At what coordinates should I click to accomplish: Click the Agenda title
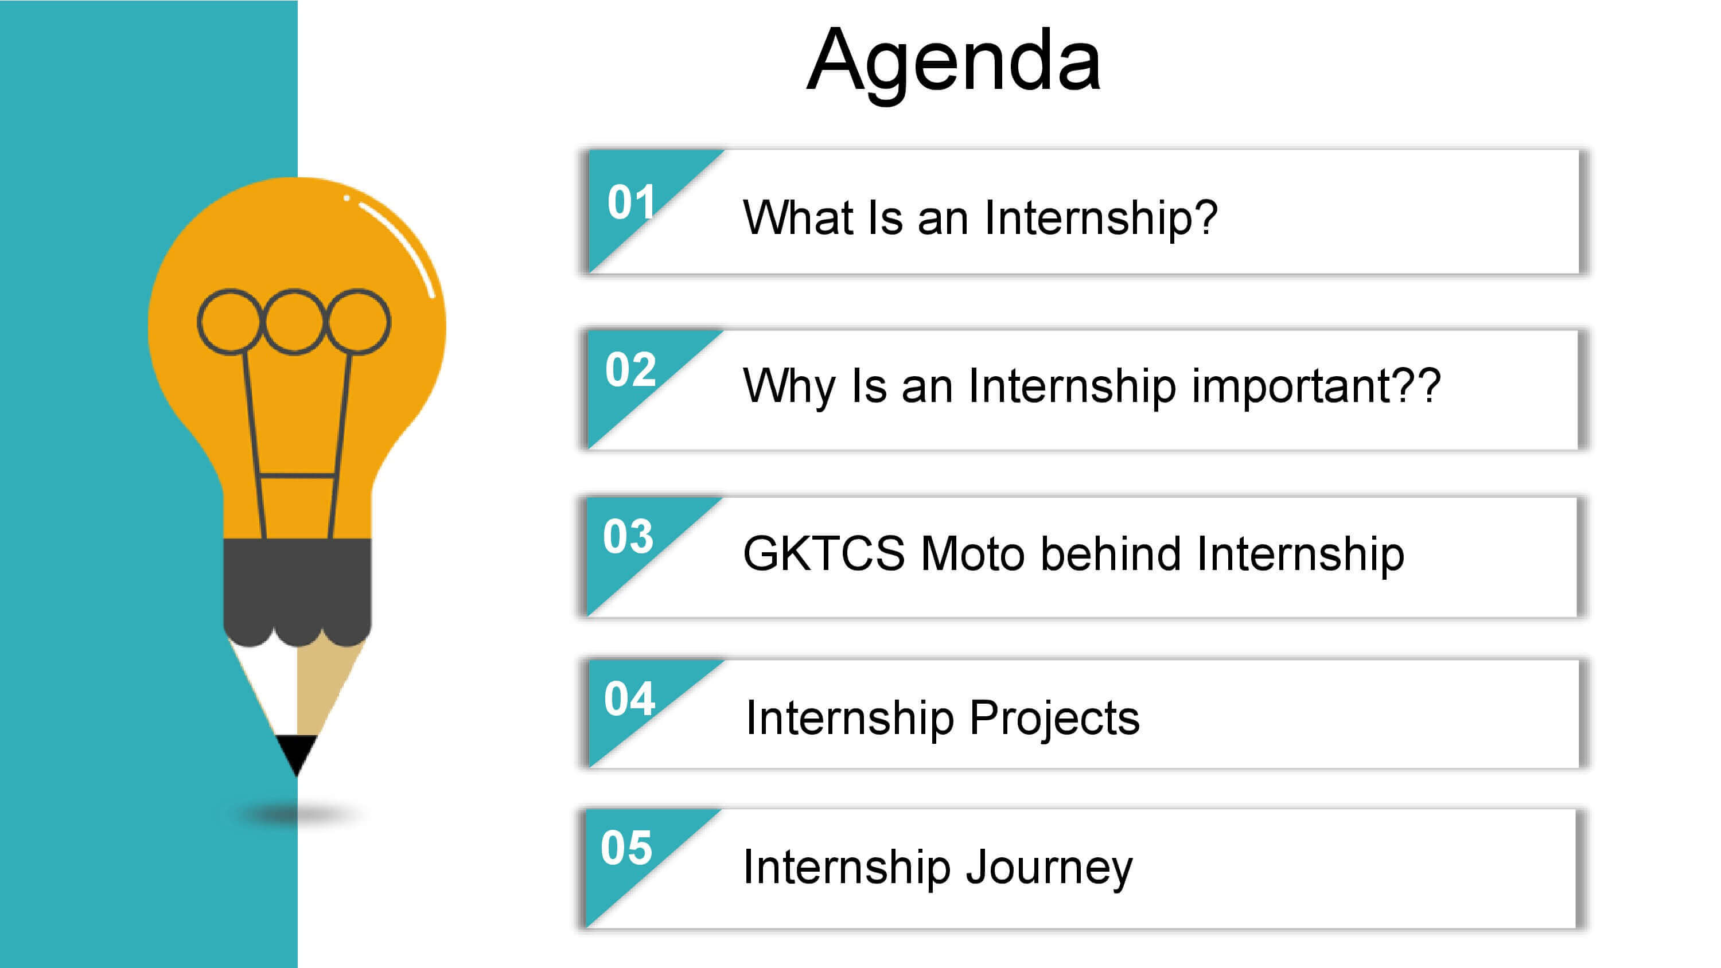(x=953, y=62)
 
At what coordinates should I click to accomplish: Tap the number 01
(x=632, y=202)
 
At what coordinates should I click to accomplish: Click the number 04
(x=629, y=699)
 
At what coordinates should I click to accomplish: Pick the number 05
(x=626, y=848)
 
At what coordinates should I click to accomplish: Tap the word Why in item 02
(x=789, y=388)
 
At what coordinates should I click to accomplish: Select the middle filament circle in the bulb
(x=294, y=291)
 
